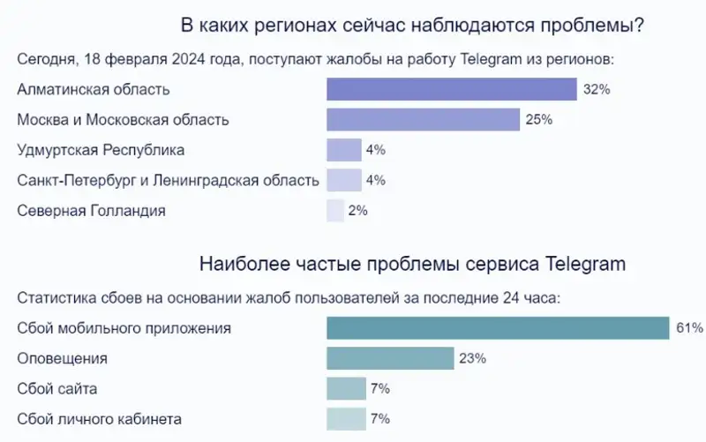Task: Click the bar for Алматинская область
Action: (x=451, y=89)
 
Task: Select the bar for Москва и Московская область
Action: (x=423, y=119)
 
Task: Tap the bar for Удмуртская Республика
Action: (x=344, y=150)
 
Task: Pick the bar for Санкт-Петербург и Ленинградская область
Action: (x=344, y=180)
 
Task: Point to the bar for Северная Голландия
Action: (x=335, y=210)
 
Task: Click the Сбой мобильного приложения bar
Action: (x=498, y=328)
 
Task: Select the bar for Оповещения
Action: (x=389, y=358)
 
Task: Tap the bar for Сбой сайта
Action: (x=346, y=388)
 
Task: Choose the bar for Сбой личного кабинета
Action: (x=346, y=418)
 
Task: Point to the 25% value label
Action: (x=538, y=119)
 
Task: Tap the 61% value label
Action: (x=689, y=328)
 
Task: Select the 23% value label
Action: (x=472, y=358)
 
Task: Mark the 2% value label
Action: (x=357, y=210)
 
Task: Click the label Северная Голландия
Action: (x=91, y=210)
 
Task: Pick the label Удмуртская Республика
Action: (x=101, y=150)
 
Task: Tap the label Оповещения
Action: (x=62, y=358)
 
